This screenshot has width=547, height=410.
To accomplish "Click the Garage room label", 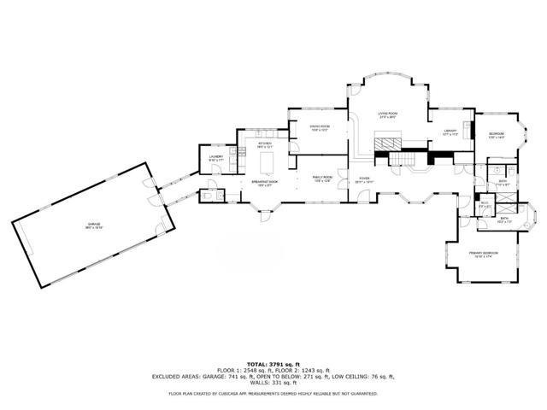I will (x=93, y=226).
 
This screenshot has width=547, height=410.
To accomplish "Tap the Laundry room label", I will (x=216, y=158).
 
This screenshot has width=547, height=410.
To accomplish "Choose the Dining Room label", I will (x=320, y=127).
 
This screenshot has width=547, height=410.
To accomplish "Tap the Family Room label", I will (x=321, y=179).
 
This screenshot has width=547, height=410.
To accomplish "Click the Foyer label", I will (x=364, y=179).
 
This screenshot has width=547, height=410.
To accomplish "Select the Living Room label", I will (x=388, y=114).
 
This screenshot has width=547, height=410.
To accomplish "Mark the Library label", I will (x=450, y=132).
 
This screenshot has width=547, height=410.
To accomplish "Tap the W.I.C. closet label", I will (x=484, y=203).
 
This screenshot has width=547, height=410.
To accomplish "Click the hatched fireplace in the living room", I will (x=390, y=142).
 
